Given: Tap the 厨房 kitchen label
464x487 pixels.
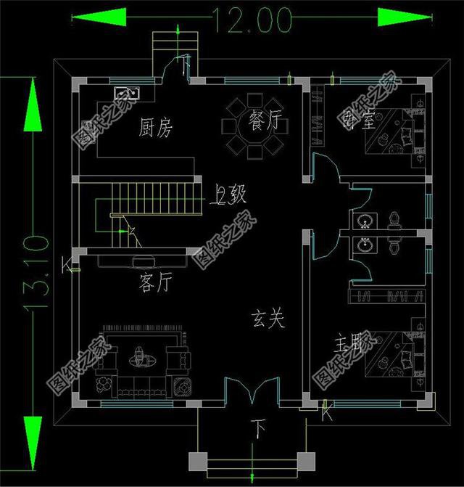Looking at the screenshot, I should [x=155, y=128].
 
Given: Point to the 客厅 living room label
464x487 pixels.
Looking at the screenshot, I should [x=153, y=283].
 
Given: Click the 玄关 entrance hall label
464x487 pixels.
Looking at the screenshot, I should [x=267, y=319].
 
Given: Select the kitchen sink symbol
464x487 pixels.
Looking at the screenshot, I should [x=127, y=93].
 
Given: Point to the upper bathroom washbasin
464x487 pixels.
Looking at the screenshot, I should [x=363, y=221].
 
